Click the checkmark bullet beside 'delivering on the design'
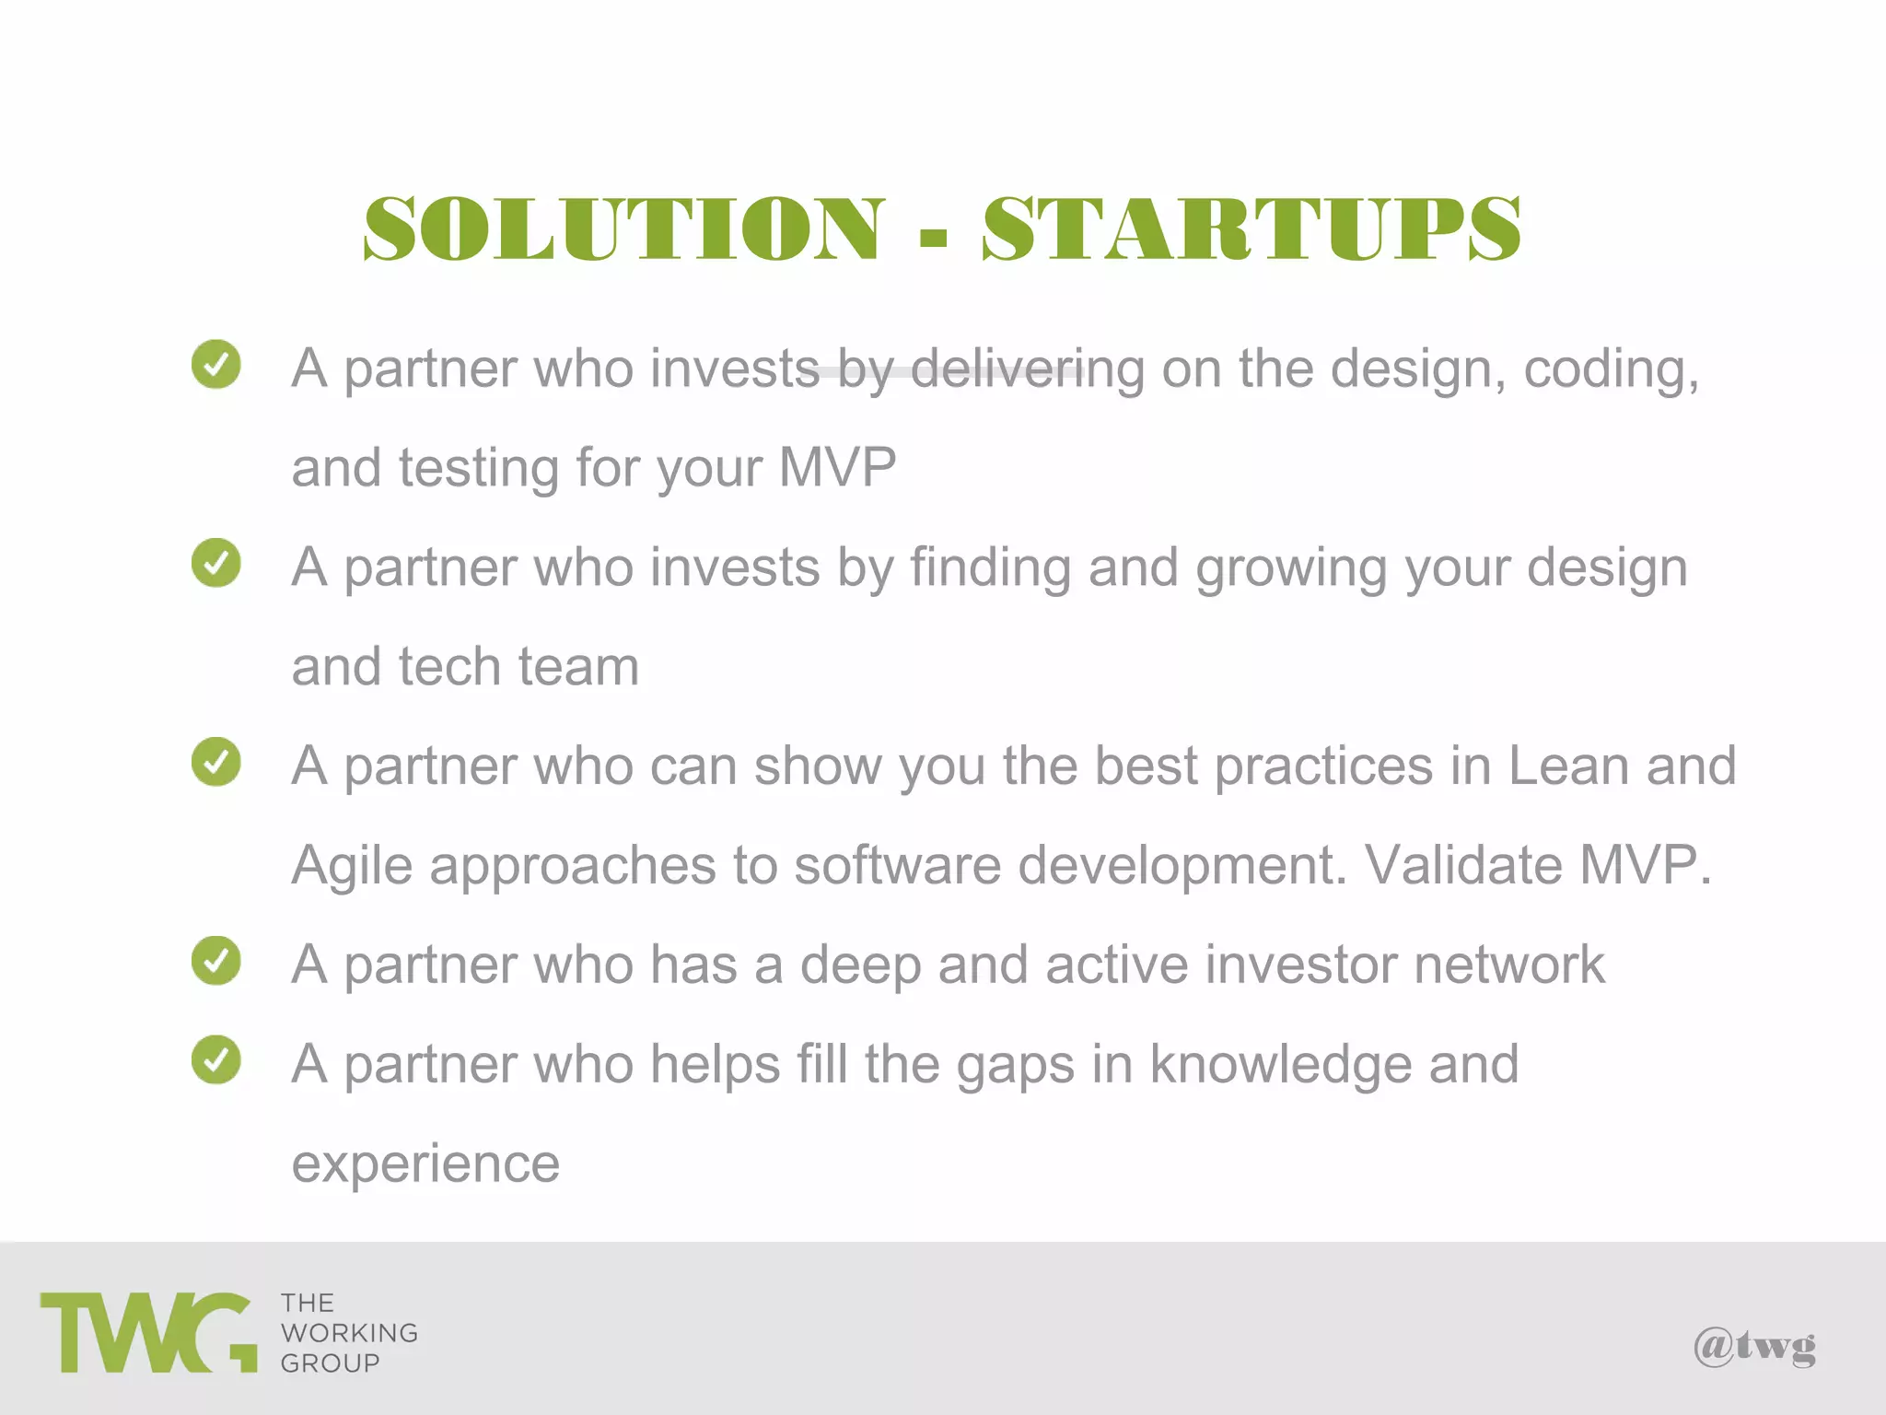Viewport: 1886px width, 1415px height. [x=216, y=365]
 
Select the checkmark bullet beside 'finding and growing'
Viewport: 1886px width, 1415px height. [x=216, y=563]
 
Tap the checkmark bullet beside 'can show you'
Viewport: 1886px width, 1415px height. [x=216, y=762]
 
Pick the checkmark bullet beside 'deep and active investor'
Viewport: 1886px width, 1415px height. [x=216, y=961]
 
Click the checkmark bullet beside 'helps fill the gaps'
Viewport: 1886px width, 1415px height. [x=216, y=1060]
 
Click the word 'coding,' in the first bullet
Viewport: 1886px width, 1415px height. [x=1611, y=370]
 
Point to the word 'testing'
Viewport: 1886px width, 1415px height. [x=478, y=468]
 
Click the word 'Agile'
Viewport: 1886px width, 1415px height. [x=352, y=868]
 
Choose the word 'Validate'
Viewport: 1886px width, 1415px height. [x=1462, y=866]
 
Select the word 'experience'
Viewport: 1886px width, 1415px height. [x=425, y=1164]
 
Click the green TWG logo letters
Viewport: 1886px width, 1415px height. [x=148, y=1333]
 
